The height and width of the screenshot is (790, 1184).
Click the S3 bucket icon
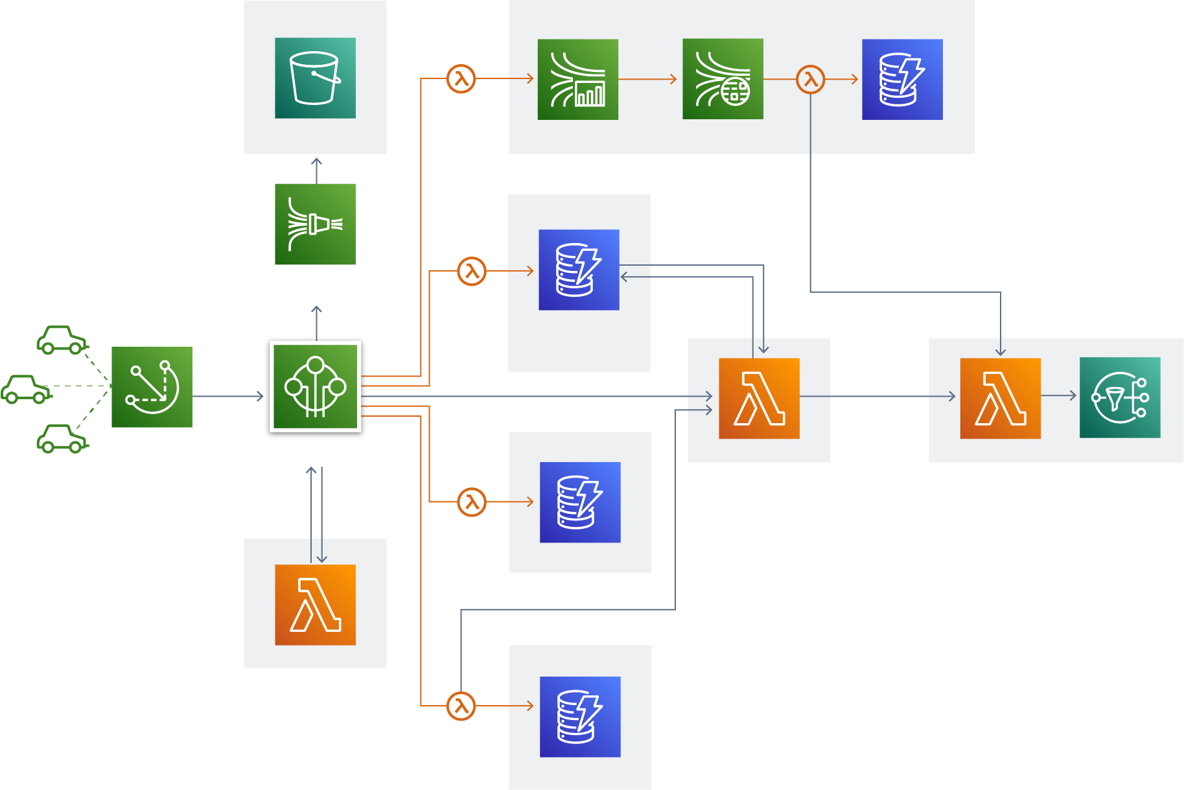[x=315, y=78]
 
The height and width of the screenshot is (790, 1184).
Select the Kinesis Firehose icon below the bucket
[x=315, y=224]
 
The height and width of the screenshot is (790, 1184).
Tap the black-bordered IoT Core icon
[x=315, y=388]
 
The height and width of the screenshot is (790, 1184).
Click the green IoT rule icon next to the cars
[x=152, y=387]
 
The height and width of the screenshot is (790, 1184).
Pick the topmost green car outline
[x=62, y=340]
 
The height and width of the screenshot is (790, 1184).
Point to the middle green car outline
[x=26, y=389]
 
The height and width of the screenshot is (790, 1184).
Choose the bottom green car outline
[x=62, y=439]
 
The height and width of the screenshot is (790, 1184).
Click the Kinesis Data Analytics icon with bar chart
[x=577, y=79]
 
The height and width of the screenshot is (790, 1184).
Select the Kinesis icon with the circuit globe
[x=723, y=79]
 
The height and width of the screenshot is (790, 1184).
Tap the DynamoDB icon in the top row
[x=902, y=79]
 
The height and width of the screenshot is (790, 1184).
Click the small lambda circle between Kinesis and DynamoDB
[x=810, y=79]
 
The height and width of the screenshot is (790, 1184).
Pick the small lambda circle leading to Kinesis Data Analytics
[x=461, y=79]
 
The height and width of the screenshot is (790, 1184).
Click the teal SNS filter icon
[x=1120, y=397]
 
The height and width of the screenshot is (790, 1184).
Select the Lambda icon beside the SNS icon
[x=1000, y=398]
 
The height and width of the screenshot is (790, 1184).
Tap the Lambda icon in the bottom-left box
[x=315, y=605]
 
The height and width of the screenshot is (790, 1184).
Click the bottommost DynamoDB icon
[x=580, y=717]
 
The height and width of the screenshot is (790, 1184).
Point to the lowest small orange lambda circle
[x=461, y=706]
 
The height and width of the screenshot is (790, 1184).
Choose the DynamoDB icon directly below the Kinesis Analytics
[x=579, y=270]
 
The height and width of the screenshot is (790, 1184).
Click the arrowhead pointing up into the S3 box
[x=316, y=161]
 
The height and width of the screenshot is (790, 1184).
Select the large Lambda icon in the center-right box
[x=759, y=398]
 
